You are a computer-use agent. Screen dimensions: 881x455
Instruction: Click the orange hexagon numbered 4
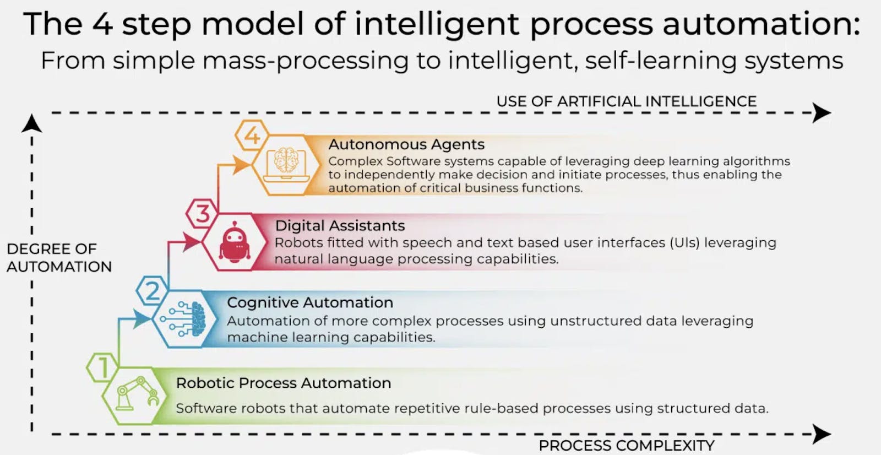tap(252, 136)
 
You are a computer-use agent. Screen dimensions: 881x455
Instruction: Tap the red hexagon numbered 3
tap(202, 214)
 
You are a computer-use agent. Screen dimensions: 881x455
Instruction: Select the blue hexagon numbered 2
tap(153, 290)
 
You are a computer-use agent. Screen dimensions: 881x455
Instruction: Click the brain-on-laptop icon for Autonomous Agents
tap(286, 165)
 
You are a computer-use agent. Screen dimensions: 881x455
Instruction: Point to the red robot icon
tap(235, 242)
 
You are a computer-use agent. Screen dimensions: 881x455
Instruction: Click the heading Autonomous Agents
tap(406, 144)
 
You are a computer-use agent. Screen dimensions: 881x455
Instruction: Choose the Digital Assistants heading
tap(340, 225)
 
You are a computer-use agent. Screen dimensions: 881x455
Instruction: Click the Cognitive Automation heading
tap(310, 302)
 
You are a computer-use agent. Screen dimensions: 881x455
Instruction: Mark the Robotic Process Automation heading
tap(283, 383)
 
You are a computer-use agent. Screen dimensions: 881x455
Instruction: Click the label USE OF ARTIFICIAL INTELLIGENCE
tap(626, 101)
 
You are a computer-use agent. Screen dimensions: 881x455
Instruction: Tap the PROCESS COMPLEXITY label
tap(627, 446)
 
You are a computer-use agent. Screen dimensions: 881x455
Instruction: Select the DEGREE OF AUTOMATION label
tap(59, 258)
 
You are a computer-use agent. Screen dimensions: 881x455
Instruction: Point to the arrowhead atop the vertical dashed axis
tap(32, 123)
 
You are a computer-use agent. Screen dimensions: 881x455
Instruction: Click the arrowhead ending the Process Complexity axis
tap(821, 434)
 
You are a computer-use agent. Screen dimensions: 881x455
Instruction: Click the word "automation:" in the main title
tap(762, 24)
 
